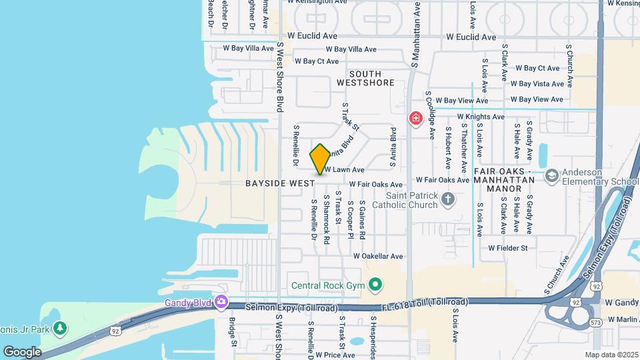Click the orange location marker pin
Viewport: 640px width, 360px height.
320,159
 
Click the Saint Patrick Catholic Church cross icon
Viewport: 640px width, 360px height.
449,198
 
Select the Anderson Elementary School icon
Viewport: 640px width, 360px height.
551,175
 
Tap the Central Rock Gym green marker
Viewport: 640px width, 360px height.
375,286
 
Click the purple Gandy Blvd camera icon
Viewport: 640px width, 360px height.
221,303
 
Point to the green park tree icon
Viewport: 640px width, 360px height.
60,328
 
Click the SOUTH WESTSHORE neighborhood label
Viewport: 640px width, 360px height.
365,78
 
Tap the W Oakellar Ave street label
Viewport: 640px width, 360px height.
378,256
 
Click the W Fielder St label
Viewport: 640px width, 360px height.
507,248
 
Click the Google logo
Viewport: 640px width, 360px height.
22,351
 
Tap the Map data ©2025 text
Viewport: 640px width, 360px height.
611,355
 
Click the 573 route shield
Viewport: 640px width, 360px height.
596,323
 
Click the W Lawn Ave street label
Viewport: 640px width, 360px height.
344,170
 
